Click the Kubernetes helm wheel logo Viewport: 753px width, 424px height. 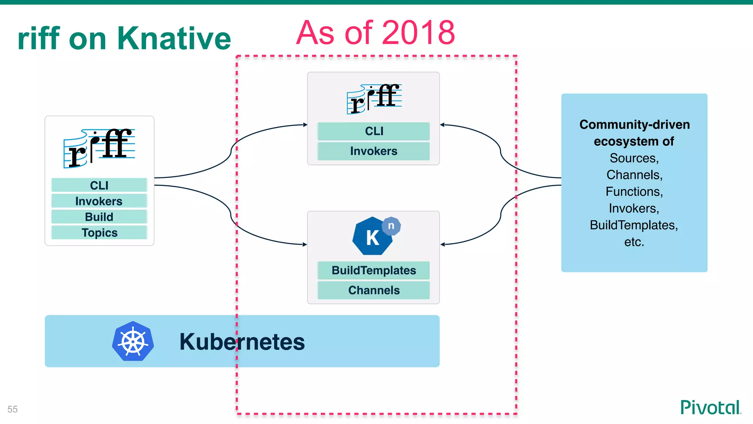tap(133, 341)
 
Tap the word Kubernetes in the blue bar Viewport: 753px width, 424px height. tap(242, 342)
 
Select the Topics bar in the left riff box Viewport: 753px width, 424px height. tap(99, 233)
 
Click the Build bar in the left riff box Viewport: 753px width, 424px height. tap(99, 217)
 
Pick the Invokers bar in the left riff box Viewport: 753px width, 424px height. tap(99, 201)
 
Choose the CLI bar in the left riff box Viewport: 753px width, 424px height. tap(99, 185)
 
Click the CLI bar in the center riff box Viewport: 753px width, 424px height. tap(374, 131)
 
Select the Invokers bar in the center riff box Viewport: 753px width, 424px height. tap(374, 151)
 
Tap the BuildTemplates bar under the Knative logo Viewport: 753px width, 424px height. tap(374, 270)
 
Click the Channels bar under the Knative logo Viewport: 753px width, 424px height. tap(374, 290)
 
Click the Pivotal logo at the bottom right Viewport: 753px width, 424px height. tap(710, 407)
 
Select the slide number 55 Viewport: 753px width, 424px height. tap(13, 409)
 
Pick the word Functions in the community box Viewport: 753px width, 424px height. tap(634, 191)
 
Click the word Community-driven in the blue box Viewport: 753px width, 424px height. tap(634, 124)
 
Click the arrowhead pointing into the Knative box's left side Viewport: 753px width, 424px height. tap(304, 244)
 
